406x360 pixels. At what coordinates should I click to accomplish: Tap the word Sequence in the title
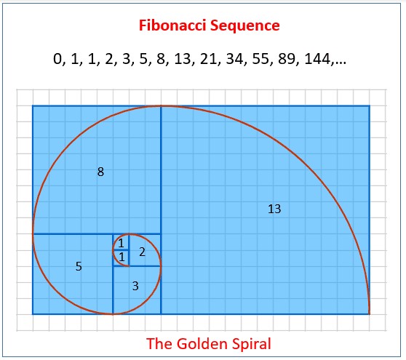[245, 26]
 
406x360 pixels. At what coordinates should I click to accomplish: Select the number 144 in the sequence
[318, 59]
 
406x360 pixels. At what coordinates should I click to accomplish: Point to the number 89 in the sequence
[287, 59]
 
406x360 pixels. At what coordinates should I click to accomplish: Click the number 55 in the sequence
[260, 59]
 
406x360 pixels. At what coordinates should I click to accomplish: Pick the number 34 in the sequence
[234, 59]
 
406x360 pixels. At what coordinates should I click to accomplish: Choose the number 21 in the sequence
[208, 59]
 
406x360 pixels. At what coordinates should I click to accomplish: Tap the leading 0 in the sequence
[57, 59]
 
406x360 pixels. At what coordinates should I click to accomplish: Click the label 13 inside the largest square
[274, 209]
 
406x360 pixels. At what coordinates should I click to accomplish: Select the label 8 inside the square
[100, 172]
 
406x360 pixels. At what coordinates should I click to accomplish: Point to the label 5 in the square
[79, 266]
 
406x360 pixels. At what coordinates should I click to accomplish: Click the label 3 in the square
[135, 286]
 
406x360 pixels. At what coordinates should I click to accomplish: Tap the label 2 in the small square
[142, 252]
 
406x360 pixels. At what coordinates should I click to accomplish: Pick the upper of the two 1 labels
[121, 244]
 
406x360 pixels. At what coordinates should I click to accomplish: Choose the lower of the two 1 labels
[122, 257]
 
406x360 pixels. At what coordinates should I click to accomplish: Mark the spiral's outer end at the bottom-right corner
[369, 314]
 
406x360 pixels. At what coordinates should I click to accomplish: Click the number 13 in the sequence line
[183, 59]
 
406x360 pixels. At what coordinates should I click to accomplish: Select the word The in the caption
[160, 344]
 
